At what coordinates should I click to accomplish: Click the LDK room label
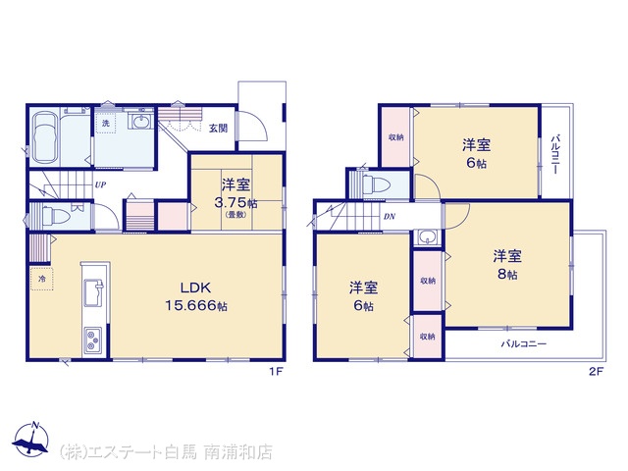click(195, 288)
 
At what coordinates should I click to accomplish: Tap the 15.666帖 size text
click(196, 306)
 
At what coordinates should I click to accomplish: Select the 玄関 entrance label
click(218, 129)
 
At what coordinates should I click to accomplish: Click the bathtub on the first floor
click(44, 136)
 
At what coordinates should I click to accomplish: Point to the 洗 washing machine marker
click(106, 123)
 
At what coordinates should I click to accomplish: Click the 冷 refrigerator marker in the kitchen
click(41, 279)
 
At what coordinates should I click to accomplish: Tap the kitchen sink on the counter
click(94, 292)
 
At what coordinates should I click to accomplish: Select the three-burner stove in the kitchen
click(92, 340)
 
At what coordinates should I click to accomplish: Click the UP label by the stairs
click(100, 185)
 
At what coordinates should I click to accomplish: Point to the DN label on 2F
click(390, 217)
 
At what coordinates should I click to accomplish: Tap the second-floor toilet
click(377, 185)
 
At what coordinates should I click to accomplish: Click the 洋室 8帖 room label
click(507, 265)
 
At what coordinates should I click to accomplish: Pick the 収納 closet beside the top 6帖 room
click(396, 137)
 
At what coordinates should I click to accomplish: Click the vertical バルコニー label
click(556, 155)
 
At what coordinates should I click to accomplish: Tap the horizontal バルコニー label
click(524, 343)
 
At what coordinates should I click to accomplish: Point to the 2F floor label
click(596, 372)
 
